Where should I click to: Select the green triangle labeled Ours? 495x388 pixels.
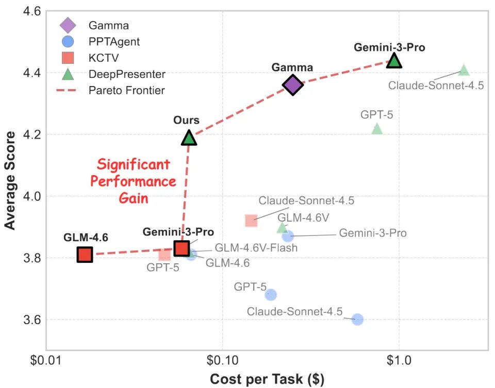coord(189,138)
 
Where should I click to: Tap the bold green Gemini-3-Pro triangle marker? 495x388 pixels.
coord(394,61)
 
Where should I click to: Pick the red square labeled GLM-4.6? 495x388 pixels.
coord(85,255)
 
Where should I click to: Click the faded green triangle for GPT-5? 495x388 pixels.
coord(377,129)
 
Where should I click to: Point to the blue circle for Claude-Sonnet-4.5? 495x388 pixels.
coord(357,319)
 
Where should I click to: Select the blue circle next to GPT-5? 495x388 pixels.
coord(271,295)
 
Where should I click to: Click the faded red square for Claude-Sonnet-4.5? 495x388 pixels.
coord(251,221)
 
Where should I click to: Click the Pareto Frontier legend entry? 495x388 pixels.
coord(126,91)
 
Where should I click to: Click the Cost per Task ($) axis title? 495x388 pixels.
coord(267,379)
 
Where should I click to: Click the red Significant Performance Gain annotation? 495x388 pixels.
coord(137,182)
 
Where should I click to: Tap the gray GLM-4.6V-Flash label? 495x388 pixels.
coord(256,248)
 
